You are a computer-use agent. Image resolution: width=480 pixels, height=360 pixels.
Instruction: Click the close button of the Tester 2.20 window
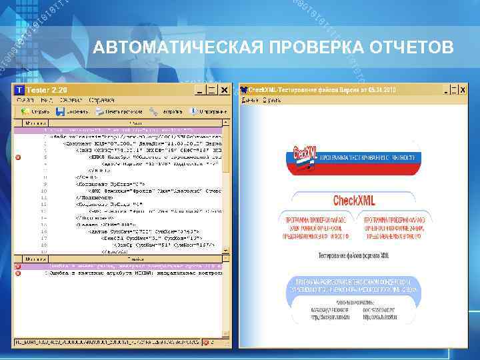225,89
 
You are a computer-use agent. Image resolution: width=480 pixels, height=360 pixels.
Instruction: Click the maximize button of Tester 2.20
212,89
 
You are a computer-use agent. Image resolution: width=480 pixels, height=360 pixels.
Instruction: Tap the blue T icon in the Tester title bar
19,89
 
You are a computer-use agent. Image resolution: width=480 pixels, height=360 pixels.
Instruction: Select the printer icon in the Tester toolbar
99,111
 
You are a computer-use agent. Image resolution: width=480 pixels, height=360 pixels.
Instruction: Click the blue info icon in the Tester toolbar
193,111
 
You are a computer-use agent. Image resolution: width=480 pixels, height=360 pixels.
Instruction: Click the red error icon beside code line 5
18,157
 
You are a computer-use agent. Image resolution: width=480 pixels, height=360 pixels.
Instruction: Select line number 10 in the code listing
43,191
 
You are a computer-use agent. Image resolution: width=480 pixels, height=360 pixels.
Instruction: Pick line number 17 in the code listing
43,237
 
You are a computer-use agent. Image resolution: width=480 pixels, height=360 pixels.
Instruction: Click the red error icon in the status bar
18,267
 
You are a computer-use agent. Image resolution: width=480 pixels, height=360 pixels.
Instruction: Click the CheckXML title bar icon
244,89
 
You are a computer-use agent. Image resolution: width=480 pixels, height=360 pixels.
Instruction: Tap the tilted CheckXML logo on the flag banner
305,155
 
